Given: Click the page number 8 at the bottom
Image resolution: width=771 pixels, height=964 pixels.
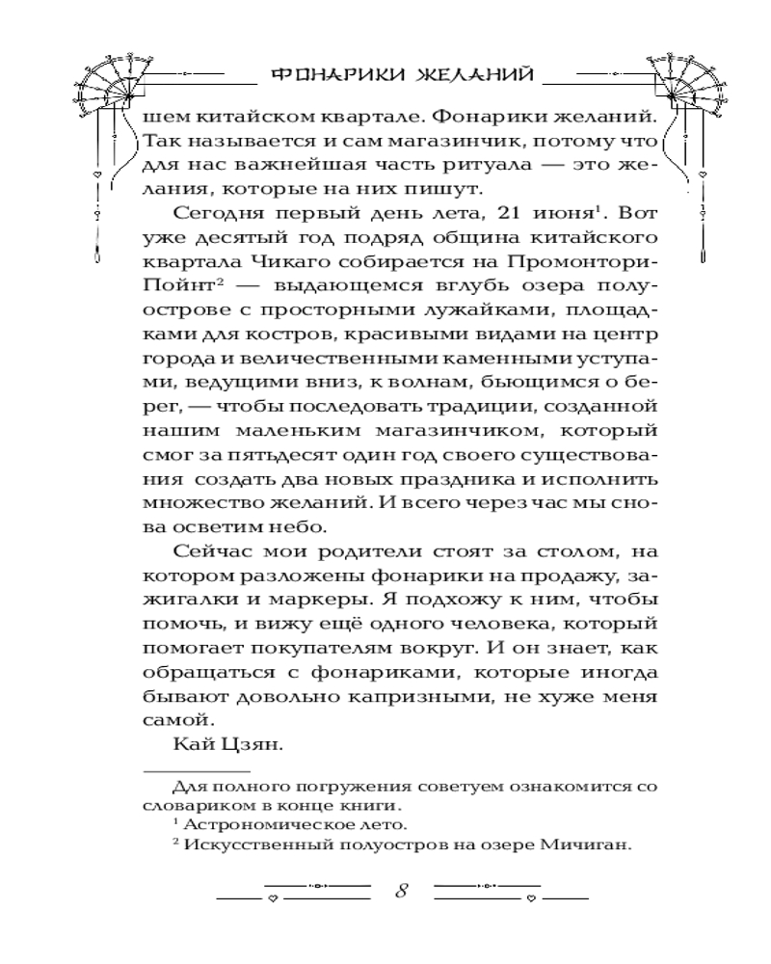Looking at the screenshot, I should point(401,890).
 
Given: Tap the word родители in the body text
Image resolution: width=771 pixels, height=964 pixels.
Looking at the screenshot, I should point(328,552).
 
